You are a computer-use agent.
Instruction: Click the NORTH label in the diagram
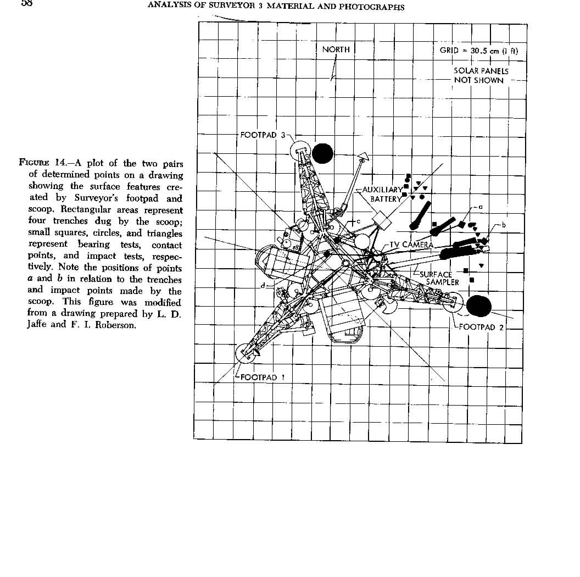pyautogui.click(x=336, y=49)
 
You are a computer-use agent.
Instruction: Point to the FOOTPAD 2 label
pyautogui.click(x=481, y=328)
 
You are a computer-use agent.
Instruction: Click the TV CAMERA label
pyautogui.click(x=411, y=245)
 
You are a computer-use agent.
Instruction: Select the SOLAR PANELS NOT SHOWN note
pyautogui.click(x=481, y=75)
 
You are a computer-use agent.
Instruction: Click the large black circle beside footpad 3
pyautogui.click(x=322, y=153)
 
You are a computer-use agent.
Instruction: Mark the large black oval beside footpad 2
pyautogui.click(x=478, y=306)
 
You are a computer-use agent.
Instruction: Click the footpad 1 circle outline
pyautogui.click(x=245, y=353)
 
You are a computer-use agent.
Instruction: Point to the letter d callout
pyautogui.click(x=263, y=285)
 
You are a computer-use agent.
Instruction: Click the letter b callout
pyautogui.click(x=504, y=225)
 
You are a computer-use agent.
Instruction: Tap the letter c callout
pyautogui.click(x=358, y=221)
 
